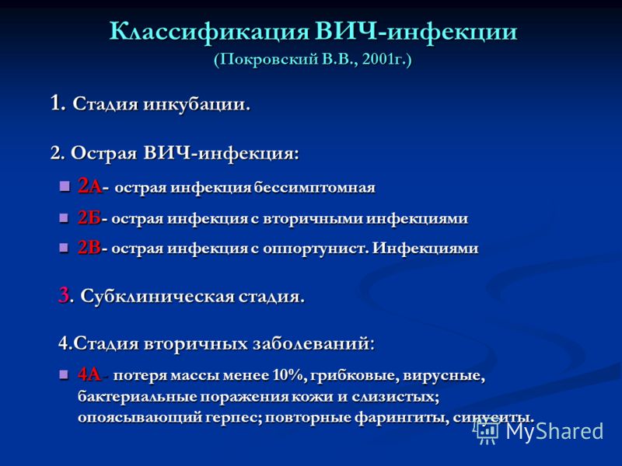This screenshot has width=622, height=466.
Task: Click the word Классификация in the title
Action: pos(208,32)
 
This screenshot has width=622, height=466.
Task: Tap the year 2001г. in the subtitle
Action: pos(383,60)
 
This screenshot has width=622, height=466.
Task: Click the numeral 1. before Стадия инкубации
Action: pos(58,103)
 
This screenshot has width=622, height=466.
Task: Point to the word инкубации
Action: pos(197,105)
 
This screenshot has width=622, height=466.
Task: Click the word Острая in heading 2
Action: pos(103,154)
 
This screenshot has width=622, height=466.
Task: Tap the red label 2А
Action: pos(90,186)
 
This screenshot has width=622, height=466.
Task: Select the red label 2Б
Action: pos(89,217)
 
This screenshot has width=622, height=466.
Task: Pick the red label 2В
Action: pos(89,248)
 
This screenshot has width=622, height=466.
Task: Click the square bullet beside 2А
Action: pos(65,186)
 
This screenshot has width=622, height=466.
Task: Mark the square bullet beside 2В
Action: pos(64,248)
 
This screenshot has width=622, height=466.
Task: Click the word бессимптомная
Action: pos(315,187)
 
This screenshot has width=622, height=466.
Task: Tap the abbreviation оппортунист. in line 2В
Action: pos(316,249)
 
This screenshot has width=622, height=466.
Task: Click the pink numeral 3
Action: pos(64,295)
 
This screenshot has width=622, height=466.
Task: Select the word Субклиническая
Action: pos(157,297)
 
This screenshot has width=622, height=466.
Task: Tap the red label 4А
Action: pos(89,374)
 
